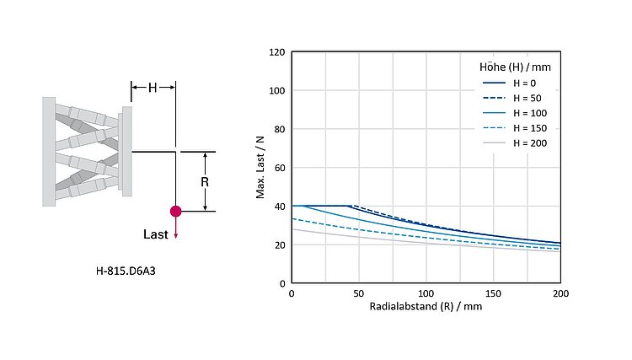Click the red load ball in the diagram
point(175,211)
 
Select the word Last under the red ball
point(157,234)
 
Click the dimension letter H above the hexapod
point(153,87)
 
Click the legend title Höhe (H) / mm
point(510,65)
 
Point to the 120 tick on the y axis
point(276,52)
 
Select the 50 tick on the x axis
point(358,293)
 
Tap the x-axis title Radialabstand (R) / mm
point(426,306)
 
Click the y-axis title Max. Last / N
point(261,168)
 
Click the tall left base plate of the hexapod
point(49,151)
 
